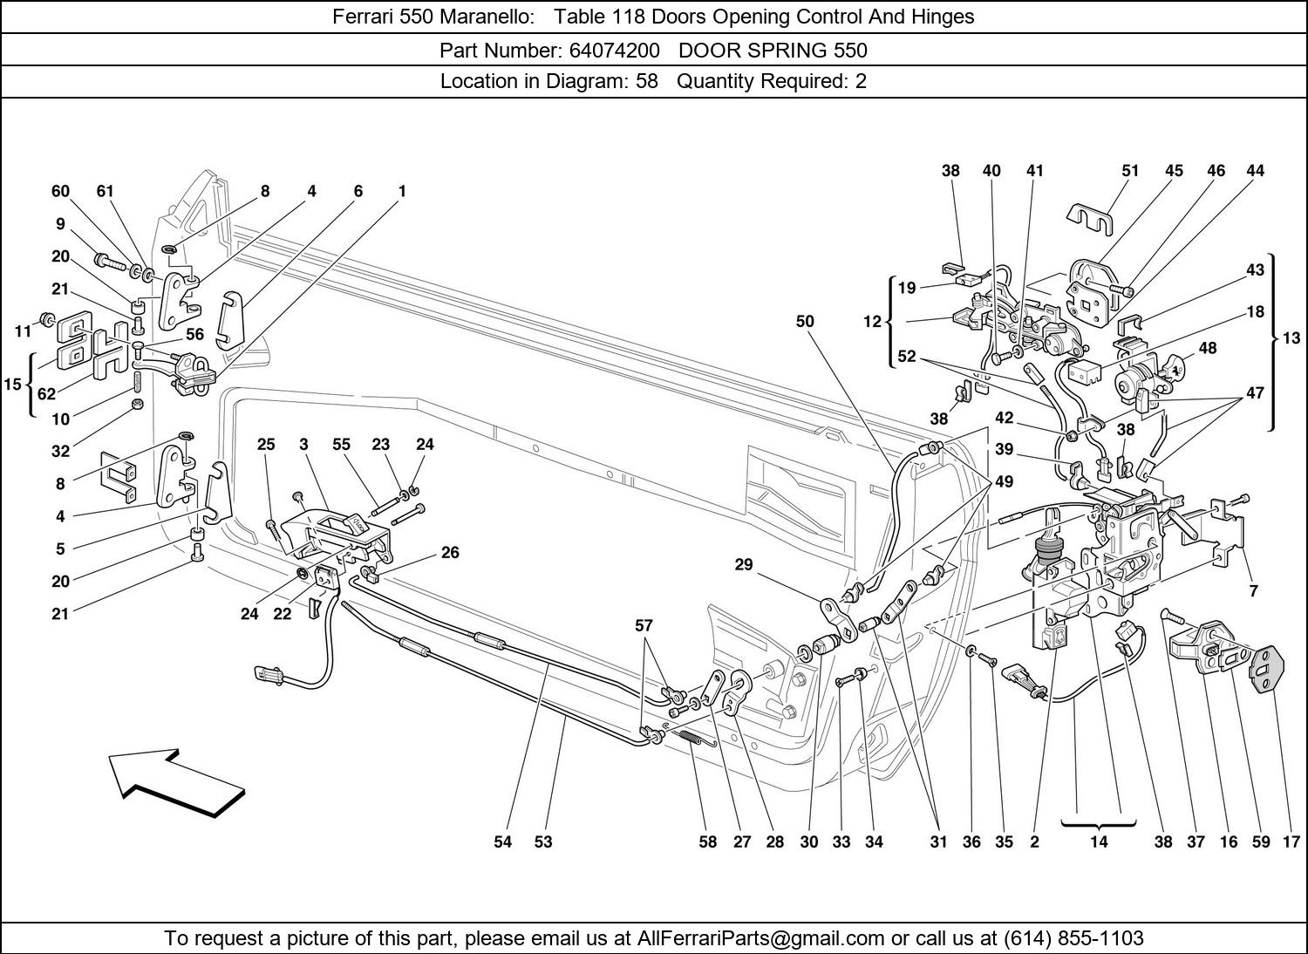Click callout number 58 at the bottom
[707, 842]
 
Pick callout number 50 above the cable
[804, 321]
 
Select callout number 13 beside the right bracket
[1291, 338]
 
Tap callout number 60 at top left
[60, 191]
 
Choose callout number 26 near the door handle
[449, 552]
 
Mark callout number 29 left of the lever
[743, 565]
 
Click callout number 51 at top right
[1130, 171]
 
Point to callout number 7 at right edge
[1253, 591]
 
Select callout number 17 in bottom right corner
[1291, 842]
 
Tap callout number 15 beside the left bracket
[12, 384]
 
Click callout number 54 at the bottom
[503, 842]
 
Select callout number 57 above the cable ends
[644, 625]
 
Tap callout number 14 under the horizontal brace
[1098, 842]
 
